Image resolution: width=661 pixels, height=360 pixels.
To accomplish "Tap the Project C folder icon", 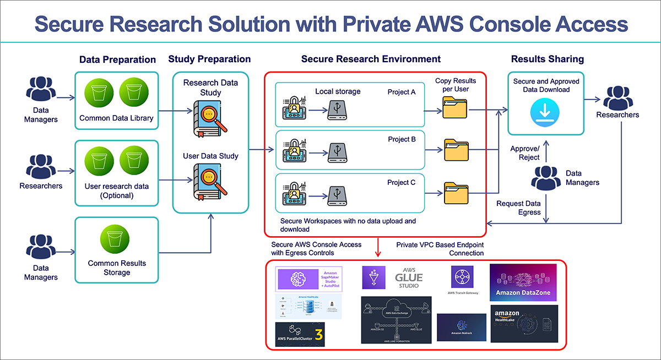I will coord(455,193).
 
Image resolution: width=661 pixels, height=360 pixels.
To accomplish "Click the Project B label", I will coord(402,139).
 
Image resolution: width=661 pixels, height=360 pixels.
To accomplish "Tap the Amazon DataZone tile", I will coord(523,282).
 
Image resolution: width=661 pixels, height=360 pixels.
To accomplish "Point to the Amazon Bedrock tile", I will coord(461,328).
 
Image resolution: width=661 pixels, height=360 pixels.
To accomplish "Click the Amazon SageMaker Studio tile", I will coord(308,279).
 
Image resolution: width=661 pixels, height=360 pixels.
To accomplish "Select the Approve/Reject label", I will coord(525,153).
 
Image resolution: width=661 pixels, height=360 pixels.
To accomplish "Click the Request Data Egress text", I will coord(519,208).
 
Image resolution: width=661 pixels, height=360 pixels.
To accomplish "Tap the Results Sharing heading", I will coord(547,59).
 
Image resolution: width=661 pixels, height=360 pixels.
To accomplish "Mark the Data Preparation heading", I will coord(117,59).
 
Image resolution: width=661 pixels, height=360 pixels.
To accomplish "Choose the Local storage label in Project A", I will coord(338,91).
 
